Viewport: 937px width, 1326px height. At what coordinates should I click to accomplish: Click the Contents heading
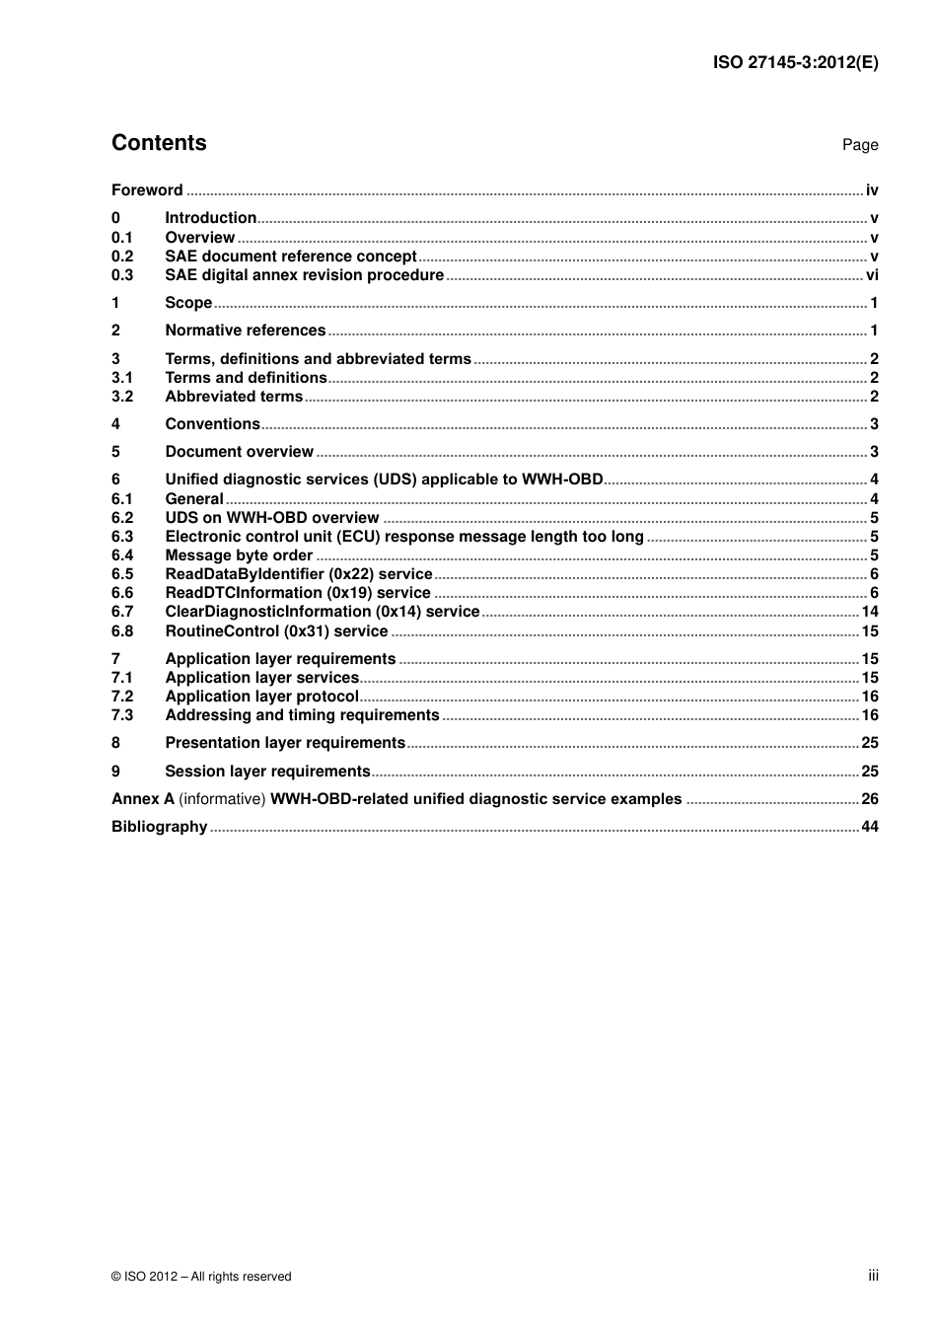[159, 143]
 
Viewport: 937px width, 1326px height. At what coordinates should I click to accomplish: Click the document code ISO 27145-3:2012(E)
[795, 62]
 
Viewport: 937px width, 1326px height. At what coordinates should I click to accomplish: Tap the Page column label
[859, 145]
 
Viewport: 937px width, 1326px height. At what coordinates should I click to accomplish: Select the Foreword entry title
[147, 190]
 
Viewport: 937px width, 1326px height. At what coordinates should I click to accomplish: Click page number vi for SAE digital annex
[872, 275]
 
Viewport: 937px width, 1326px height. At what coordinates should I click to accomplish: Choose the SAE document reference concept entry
[291, 257]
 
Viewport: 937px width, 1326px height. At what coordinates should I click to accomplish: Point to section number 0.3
[122, 275]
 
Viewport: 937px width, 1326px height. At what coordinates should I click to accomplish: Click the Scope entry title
[188, 303]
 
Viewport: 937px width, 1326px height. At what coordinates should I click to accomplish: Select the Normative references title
[245, 331]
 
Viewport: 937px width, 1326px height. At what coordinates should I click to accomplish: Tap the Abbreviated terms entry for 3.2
[234, 397]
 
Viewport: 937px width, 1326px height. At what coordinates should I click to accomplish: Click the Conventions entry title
[212, 424]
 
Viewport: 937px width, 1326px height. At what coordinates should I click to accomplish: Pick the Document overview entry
[239, 452]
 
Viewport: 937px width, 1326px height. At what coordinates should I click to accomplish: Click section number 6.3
[122, 537]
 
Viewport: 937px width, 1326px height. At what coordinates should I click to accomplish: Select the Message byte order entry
[239, 555]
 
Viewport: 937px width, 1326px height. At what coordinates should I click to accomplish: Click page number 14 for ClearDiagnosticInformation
[870, 612]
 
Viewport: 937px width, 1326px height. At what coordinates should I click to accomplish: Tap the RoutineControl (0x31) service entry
[276, 631]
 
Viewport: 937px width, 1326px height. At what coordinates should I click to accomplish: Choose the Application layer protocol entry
[261, 697]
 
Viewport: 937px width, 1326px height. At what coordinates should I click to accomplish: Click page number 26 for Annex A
[870, 799]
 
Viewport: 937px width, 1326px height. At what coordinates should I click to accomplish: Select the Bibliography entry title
[159, 827]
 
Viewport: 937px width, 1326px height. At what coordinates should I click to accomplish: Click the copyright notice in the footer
[201, 1277]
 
